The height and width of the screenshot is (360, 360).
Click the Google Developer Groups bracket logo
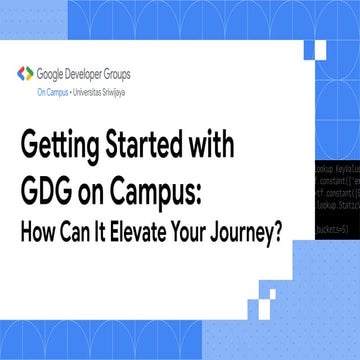coord(24,74)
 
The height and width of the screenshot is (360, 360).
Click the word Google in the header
coord(51,74)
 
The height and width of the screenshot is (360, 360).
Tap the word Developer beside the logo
coord(88,74)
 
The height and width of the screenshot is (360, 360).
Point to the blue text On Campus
coord(53,88)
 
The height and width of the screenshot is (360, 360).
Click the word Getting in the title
coord(62,145)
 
